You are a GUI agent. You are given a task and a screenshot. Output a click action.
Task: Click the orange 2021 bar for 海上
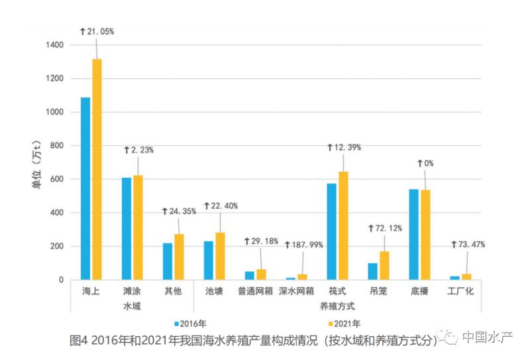tap(97, 169)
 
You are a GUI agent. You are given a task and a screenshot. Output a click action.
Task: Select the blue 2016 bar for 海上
tap(85, 188)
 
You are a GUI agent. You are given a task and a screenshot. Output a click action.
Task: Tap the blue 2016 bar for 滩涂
tap(126, 228)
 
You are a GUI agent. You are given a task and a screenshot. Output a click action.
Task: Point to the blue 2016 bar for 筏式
tap(331, 231)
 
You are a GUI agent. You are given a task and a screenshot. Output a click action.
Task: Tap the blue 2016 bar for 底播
tap(413, 234)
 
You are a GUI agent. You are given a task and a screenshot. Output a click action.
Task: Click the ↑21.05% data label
tap(97, 31)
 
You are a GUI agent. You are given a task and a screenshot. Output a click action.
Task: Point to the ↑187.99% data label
tap(303, 245)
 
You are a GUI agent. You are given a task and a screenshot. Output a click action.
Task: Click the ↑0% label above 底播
tap(425, 162)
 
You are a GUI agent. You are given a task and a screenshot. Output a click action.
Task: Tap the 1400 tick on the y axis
tap(55, 45)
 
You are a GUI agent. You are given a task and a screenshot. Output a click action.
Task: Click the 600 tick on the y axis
tap(58, 180)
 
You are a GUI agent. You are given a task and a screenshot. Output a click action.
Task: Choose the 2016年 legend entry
tap(191, 324)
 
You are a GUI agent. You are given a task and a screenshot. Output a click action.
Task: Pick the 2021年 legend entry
tap(343, 324)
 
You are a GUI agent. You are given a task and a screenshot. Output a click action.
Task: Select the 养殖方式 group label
tap(337, 306)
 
